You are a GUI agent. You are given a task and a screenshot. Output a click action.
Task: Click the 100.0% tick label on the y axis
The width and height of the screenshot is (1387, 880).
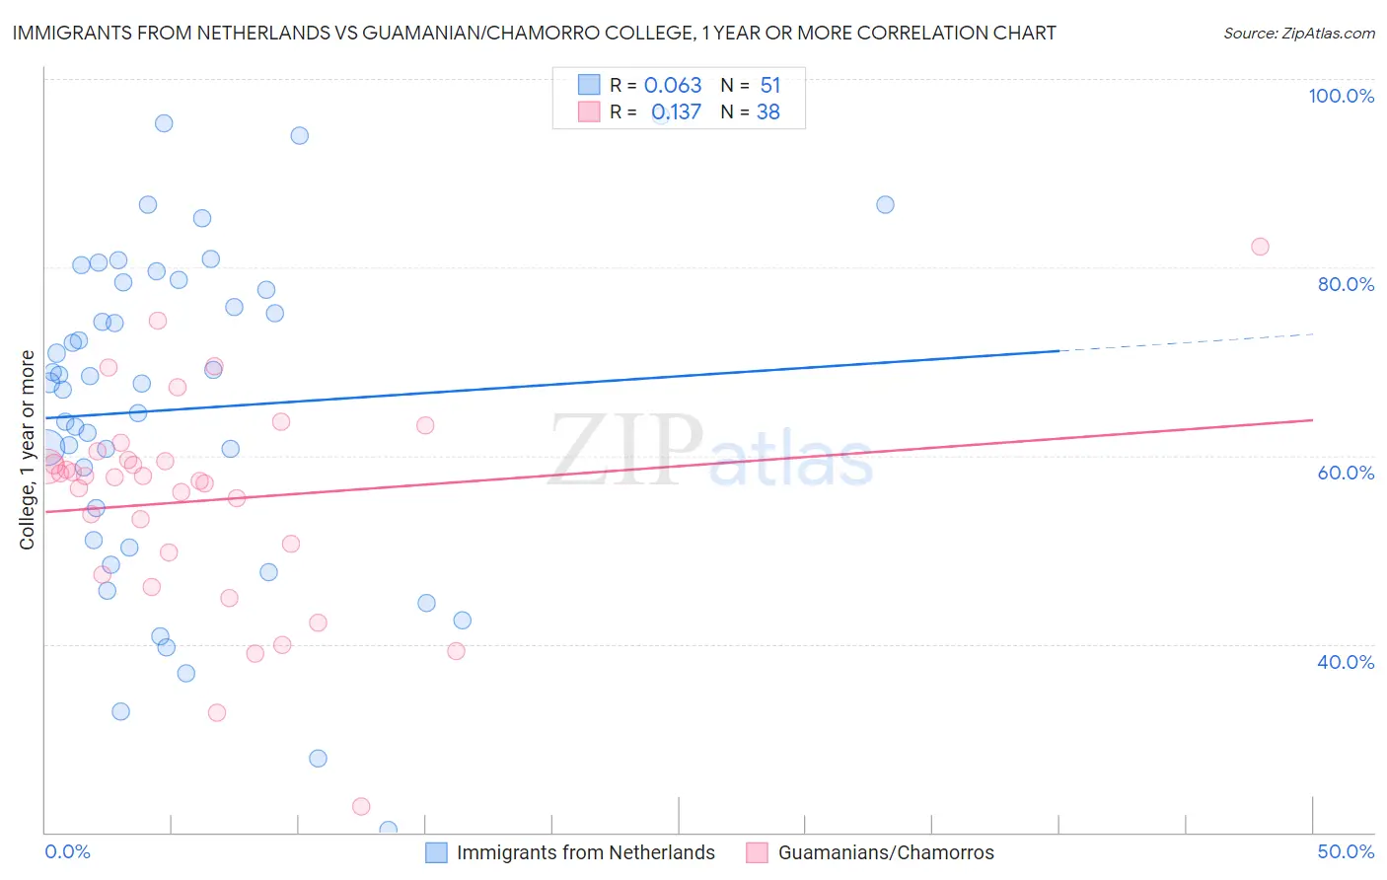coord(1341,96)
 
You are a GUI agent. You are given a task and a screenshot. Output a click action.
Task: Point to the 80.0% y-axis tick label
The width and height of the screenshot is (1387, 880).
coord(1346,284)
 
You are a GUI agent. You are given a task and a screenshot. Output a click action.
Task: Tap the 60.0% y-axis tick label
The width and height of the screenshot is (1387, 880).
coord(1346,473)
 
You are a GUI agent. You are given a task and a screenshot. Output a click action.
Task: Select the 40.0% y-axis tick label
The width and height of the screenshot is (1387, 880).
coord(1346,661)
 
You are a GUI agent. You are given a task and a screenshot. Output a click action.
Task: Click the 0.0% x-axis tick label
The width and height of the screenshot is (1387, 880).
coord(67,851)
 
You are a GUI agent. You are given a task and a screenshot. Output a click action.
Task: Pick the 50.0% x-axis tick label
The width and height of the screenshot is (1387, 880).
coord(1346,851)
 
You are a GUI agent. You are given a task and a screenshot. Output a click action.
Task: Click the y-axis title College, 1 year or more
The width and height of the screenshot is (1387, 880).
coord(28,449)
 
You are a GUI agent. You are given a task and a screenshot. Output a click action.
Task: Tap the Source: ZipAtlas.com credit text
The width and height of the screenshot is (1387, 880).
coord(1298,34)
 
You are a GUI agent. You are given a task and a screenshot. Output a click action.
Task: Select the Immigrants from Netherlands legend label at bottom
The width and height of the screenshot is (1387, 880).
coord(585,852)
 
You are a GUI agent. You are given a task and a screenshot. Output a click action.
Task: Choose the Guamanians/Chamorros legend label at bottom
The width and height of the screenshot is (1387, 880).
coord(886,852)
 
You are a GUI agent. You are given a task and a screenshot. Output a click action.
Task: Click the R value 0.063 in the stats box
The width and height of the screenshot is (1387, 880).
coord(673,85)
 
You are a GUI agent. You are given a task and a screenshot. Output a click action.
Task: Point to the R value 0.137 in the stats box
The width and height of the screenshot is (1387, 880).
coord(676,111)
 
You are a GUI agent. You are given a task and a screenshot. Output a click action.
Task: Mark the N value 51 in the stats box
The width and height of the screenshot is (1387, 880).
coord(769,85)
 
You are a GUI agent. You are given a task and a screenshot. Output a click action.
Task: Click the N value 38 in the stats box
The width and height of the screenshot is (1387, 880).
coord(767,111)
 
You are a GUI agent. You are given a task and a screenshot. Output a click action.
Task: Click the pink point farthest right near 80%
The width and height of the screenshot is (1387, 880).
coord(1260,247)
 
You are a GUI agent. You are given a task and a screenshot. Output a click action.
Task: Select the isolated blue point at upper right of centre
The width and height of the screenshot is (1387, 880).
coord(885,204)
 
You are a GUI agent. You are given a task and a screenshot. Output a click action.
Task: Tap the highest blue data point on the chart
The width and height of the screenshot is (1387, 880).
coord(164,123)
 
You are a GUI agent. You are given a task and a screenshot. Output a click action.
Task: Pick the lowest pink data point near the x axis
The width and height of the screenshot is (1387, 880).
coord(361,806)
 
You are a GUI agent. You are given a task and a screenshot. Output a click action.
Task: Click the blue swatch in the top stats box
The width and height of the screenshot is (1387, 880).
coord(589,85)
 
